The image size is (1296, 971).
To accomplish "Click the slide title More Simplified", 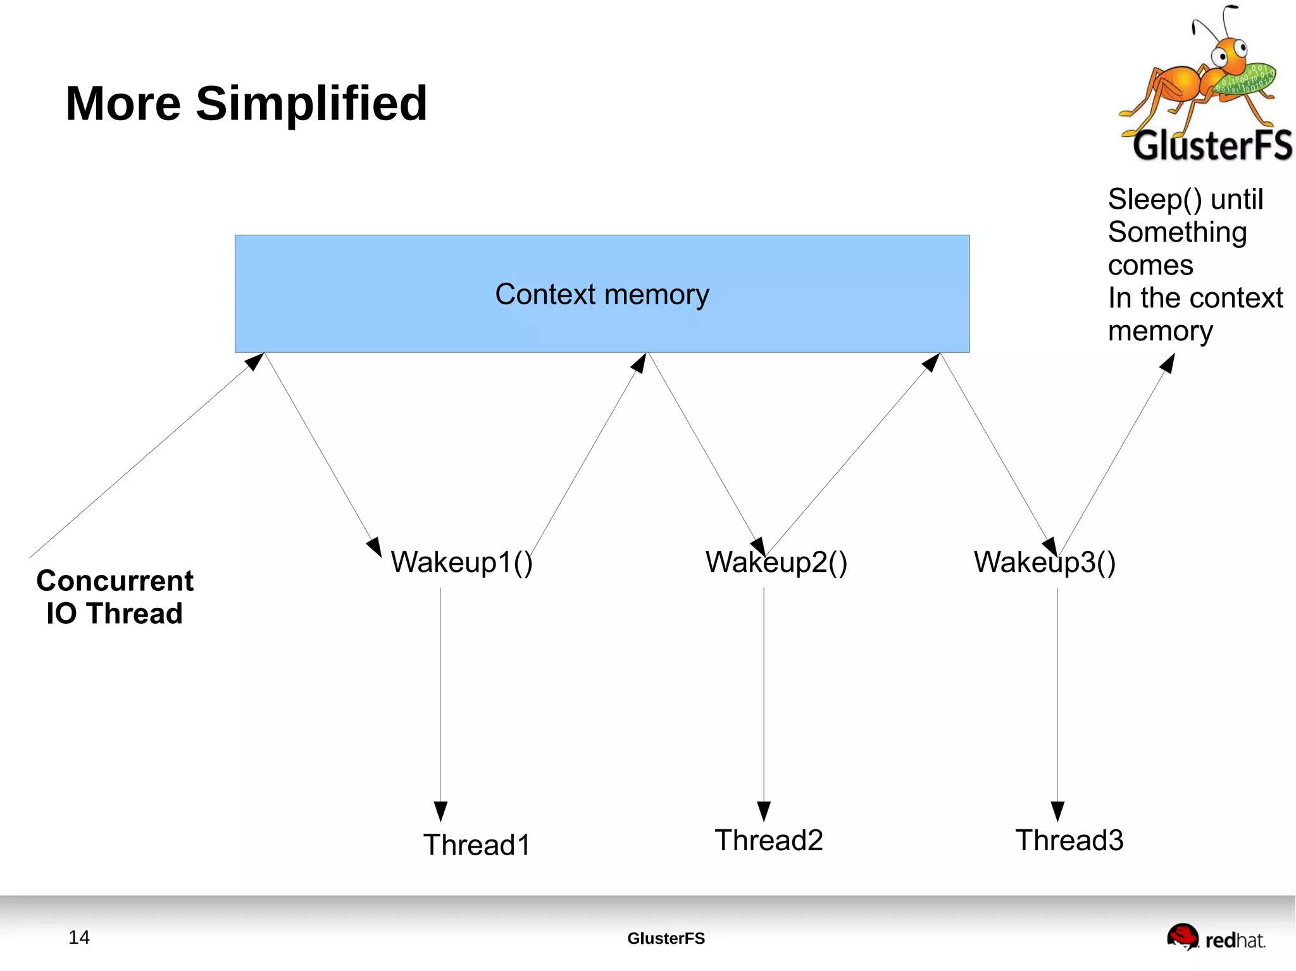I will click(246, 104).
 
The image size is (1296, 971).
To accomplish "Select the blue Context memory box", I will click(601, 294).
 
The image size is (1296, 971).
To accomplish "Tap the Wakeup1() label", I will click(461, 562).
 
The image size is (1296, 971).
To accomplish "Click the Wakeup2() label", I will click(776, 562).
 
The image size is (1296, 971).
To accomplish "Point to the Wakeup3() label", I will click(1044, 562).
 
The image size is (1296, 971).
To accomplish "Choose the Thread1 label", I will click(477, 844).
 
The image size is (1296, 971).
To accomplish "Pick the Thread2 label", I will click(768, 840).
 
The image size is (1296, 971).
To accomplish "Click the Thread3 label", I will click(1069, 840).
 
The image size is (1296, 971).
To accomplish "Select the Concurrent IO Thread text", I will click(115, 597).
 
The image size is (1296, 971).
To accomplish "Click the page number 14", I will click(79, 937).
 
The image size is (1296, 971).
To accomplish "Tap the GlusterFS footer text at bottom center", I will click(666, 938).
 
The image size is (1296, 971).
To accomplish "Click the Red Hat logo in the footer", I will click(1215, 937).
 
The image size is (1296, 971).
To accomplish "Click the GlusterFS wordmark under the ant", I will click(1212, 145).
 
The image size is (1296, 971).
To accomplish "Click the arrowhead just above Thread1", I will click(440, 810).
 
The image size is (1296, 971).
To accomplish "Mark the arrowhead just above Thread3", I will click(1057, 810).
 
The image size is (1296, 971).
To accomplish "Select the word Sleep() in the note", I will click(1154, 199).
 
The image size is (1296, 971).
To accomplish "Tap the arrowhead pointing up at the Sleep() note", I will click(1168, 363).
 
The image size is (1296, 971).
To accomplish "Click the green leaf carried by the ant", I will click(1247, 80).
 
